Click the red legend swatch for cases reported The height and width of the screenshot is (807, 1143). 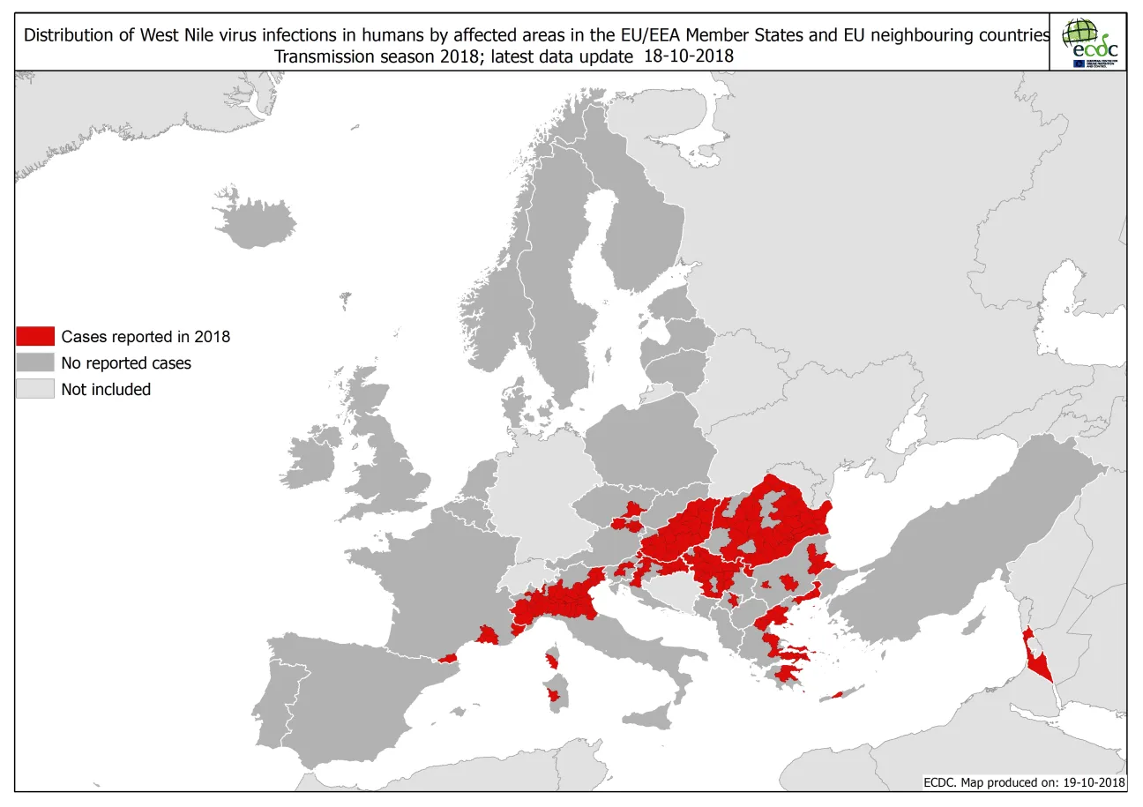tap(35, 336)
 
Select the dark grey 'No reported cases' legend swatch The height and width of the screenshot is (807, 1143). tap(35, 362)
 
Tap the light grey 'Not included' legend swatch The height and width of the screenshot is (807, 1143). tap(35, 389)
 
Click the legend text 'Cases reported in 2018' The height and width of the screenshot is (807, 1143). tap(146, 336)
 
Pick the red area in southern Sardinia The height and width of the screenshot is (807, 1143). tap(553, 695)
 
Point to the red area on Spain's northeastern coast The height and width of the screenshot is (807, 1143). tap(448, 657)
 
